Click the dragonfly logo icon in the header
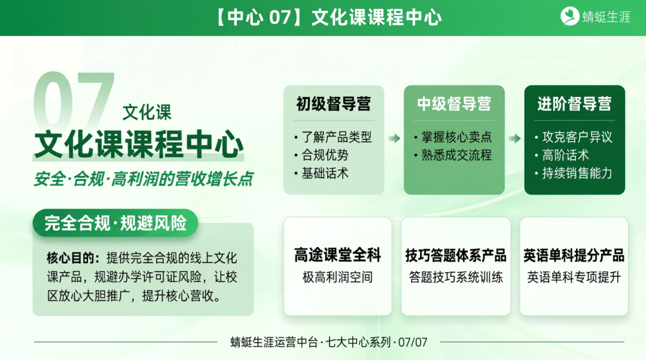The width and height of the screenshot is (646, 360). (569, 17)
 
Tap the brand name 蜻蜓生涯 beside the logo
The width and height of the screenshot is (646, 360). (607, 17)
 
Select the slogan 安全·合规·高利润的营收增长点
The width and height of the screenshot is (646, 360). (143, 179)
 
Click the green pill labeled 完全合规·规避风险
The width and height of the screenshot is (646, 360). (115, 223)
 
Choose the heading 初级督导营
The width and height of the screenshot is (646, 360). (333, 104)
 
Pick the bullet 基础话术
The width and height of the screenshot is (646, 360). (325, 173)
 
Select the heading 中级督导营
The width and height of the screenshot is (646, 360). (454, 104)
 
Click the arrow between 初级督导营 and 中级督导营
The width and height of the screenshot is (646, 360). (394, 139)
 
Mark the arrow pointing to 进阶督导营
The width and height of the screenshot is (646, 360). (514, 139)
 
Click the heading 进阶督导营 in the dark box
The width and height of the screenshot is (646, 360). (574, 104)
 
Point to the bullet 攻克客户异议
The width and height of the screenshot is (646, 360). (577, 137)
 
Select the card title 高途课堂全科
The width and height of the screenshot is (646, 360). (337, 255)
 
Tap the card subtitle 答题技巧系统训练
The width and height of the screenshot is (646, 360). (456, 277)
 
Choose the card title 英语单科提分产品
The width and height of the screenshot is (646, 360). (574, 255)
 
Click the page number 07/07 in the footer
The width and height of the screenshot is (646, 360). (413, 343)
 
